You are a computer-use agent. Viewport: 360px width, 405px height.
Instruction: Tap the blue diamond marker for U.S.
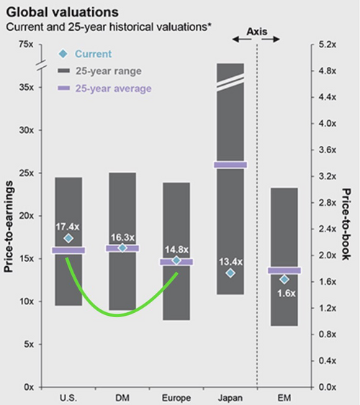coord(68,238)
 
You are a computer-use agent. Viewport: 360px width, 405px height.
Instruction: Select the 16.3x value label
coord(122,236)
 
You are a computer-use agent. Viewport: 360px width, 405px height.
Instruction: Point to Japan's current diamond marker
coord(230,273)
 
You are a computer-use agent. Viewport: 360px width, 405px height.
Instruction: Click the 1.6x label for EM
coord(284,293)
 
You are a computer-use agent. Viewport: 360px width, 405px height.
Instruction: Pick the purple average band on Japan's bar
coord(230,165)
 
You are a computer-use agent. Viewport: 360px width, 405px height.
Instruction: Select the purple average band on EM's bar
coord(284,270)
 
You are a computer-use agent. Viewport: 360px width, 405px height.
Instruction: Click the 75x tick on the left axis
coord(25,45)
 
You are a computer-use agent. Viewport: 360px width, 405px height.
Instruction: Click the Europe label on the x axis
coord(176,397)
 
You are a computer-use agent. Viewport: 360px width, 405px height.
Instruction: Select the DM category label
coord(122,397)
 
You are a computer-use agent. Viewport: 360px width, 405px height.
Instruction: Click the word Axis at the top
coord(256,32)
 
